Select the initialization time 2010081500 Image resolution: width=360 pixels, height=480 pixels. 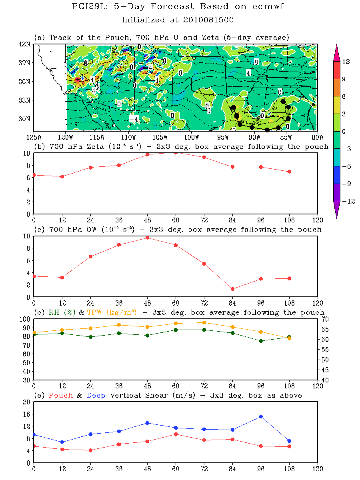click(x=204, y=19)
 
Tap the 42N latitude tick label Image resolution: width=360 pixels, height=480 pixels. click(x=26, y=44)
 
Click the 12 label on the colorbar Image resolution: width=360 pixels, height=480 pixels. click(x=346, y=62)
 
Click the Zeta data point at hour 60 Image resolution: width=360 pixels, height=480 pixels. click(x=176, y=152)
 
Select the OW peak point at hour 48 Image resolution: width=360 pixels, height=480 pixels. click(x=147, y=238)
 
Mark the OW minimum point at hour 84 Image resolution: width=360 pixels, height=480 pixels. click(x=232, y=289)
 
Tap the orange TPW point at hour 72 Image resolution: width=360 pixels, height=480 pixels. click(x=204, y=322)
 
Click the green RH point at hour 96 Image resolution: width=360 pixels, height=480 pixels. click(x=261, y=341)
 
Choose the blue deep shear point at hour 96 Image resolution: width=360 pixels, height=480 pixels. click(x=261, y=416)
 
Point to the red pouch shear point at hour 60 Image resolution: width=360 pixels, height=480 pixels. click(x=176, y=434)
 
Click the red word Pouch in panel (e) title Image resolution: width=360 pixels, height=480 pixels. click(x=60, y=395)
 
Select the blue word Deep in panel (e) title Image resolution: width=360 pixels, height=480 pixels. click(x=96, y=395)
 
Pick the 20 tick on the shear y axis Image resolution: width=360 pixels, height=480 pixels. click(x=27, y=402)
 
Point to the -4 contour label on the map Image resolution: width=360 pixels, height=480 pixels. click(x=134, y=119)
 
